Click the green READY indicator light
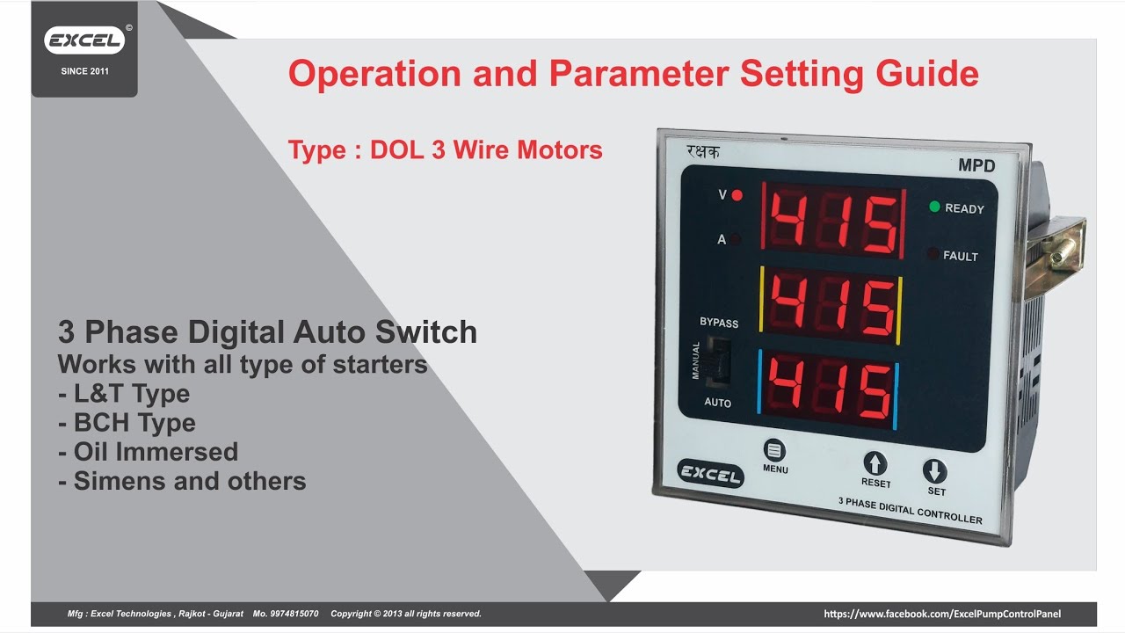pos(934,207)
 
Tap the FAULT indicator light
pos(933,255)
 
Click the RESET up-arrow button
pos(875,463)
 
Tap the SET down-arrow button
pos(934,471)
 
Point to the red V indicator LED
pos(737,195)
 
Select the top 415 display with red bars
pos(833,221)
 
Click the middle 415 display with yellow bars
pos(831,304)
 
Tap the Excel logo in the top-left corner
pos(84,40)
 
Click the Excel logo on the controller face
pos(710,473)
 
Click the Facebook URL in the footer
pos(942,614)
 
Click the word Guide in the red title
pos(927,74)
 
